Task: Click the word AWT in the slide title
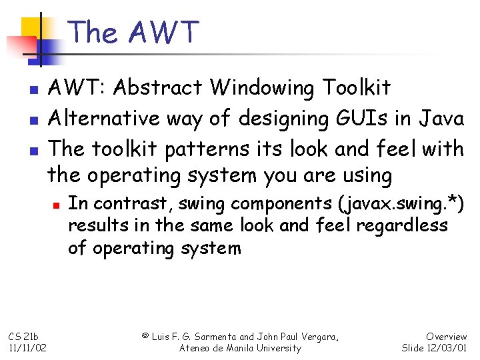pyautogui.click(x=163, y=32)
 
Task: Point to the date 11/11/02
pyautogui.click(x=27, y=348)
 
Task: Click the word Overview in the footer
pyautogui.click(x=446, y=337)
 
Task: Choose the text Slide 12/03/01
pyautogui.click(x=434, y=348)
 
